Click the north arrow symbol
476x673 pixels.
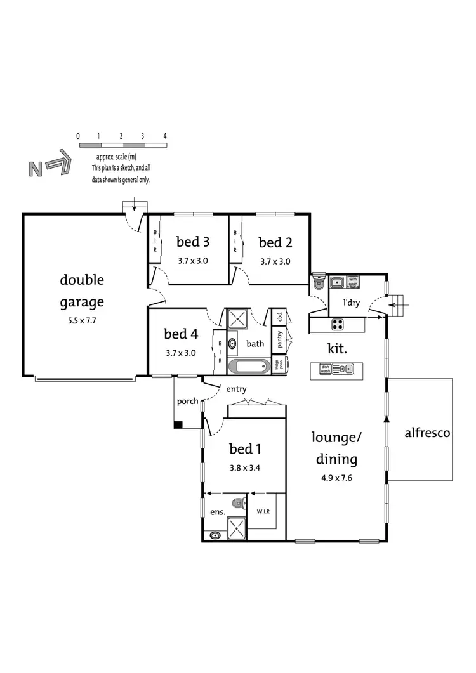coord(49,167)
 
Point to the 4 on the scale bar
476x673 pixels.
coord(165,136)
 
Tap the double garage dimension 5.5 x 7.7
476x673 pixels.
coord(82,321)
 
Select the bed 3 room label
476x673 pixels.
coord(192,242)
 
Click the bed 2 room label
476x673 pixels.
coord(275,242)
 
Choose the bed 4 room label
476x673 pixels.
coord(180,334)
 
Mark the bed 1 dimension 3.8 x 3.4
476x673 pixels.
coord(245,470)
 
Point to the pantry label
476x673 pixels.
coord(279,339)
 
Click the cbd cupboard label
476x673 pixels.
coord(279,317)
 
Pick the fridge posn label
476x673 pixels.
coord(278,364)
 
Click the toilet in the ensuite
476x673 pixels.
coord(237,504)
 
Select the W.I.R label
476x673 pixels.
coord(264,511)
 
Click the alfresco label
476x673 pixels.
coord(427,433)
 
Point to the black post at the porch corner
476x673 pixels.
coord(178,424)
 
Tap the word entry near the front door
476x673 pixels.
coord(236,389)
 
